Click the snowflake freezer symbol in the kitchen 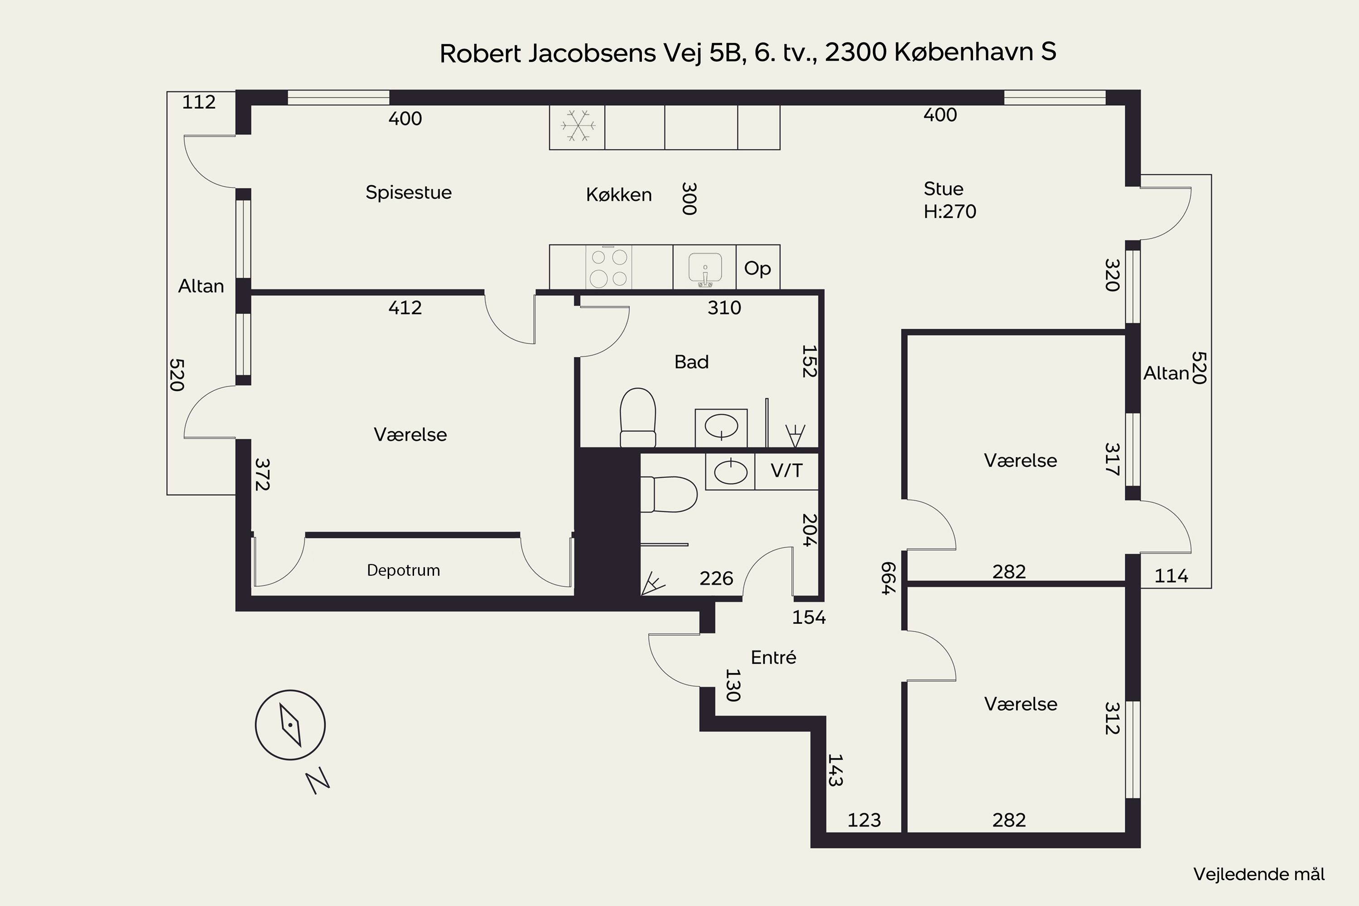577,125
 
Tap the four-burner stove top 609,267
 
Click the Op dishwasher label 757,269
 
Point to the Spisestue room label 409,193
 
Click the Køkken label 619,195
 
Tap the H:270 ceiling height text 950,212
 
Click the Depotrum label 403,571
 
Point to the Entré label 774,658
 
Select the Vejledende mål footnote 1259,874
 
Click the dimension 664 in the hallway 888,578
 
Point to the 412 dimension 405,308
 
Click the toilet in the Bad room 638,418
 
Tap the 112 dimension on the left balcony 199,102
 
